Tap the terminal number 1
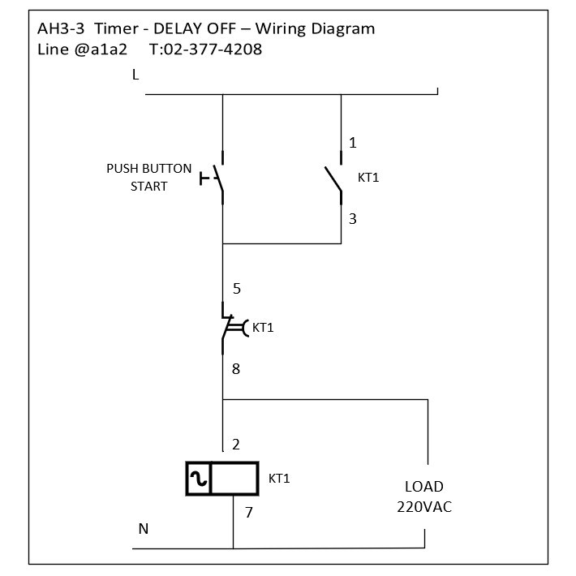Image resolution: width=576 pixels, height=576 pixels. [x=353, y=143]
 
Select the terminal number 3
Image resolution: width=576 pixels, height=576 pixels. [x=353, y=219]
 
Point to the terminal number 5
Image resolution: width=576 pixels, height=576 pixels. [x=237, y=289]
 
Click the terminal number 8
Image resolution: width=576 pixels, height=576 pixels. [x=236, y=369]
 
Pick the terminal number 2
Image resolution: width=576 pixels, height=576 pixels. [x=236, y=445]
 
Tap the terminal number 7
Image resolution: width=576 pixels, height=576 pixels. [x=249, y=512]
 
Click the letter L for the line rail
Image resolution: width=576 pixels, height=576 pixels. [x=135, y=75]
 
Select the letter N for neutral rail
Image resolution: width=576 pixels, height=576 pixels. [x=144, y=529]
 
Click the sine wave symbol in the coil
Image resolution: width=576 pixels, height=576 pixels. [x=199, y=479]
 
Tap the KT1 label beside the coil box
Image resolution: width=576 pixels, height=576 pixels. [x=279, y=479]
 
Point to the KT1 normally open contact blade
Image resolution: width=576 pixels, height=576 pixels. [x=333, y=179]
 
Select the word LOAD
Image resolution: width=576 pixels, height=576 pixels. [x=424, y=487]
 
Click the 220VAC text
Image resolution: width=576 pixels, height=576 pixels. [x=424, y=507]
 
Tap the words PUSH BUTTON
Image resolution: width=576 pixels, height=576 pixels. [x=148, y=169]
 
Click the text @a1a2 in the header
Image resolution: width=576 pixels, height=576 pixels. [x=101, y=49]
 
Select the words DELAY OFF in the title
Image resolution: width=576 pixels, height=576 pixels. [x=195, y=28]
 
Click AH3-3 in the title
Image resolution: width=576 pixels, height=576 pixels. [x=61, y=28]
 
